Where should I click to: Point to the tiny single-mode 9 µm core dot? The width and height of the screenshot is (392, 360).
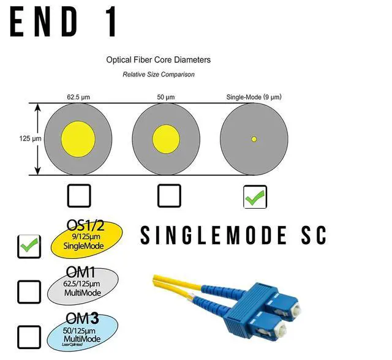tap(254, 139)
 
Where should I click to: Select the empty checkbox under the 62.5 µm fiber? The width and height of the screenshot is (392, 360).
tap(78, 195)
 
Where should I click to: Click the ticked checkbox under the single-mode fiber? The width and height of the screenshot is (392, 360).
tap(254, 196)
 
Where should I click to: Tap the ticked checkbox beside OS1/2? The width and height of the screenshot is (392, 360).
tap(29, 246)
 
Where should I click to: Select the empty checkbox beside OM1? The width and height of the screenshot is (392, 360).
tap(29, 292)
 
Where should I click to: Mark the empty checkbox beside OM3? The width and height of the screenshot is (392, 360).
tap(29, 336)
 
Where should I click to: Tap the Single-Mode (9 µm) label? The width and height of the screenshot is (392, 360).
tap(254, 97)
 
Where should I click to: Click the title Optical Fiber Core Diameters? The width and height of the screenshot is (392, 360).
tap(158, 60)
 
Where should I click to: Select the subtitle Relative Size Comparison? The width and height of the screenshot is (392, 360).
tap(158, 74)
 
